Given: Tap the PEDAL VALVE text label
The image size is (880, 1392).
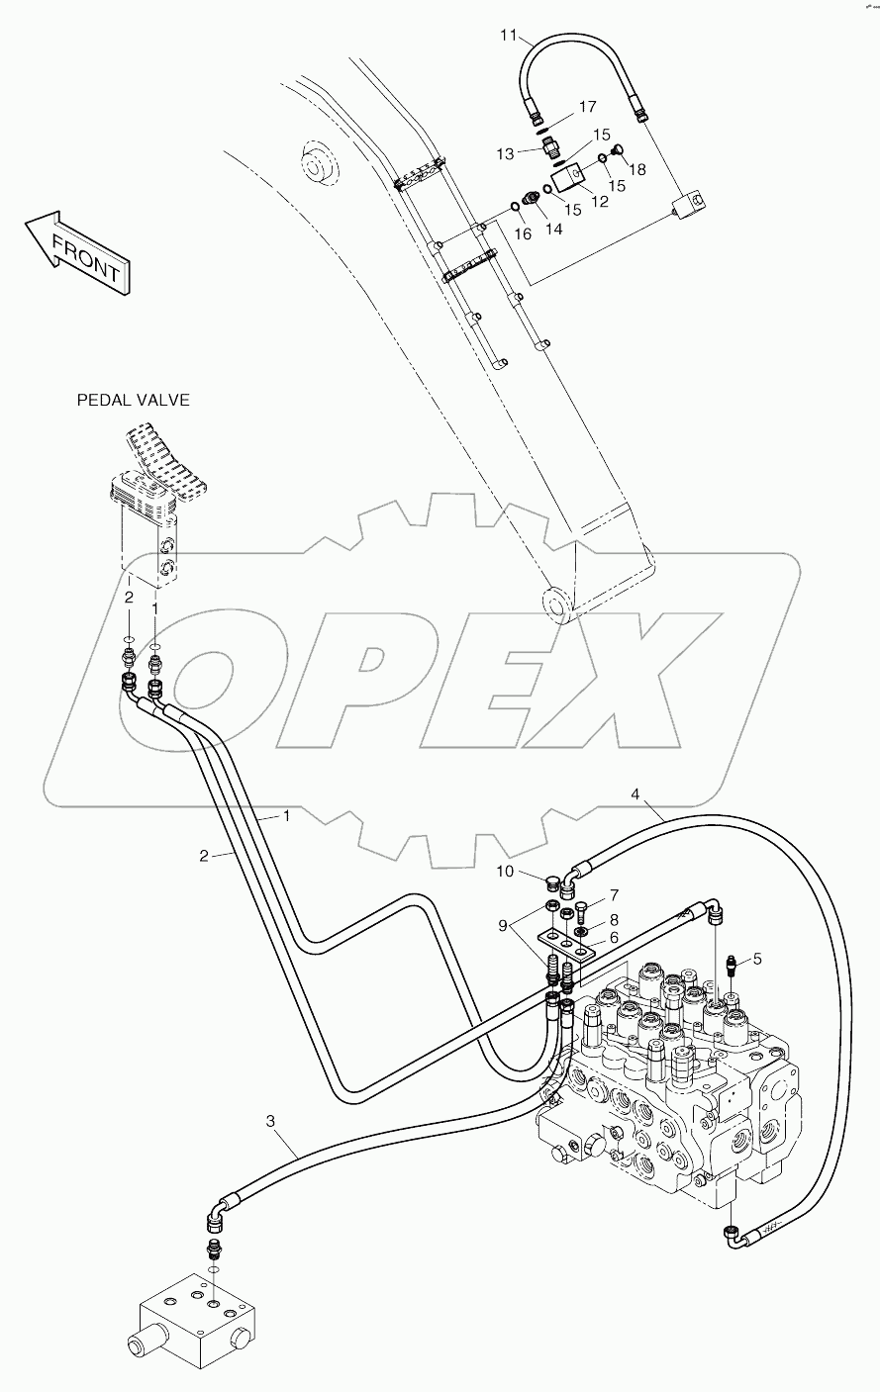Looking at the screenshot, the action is (x=133, y=401).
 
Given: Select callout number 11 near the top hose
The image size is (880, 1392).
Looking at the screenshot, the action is (x=509, y=37).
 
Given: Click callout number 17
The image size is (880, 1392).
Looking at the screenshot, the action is (x=587, y=106).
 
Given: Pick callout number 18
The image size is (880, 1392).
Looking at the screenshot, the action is (x=636, y=169).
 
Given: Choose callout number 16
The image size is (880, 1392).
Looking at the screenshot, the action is (x=523, y=233).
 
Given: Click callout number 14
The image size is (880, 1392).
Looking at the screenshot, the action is (x=553, y=228).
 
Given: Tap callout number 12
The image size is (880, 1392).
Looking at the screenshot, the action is (x=600, y=202).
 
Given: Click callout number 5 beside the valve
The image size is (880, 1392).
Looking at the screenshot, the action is (x=757, y=958).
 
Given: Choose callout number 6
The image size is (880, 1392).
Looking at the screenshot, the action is (x=614, y=938).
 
